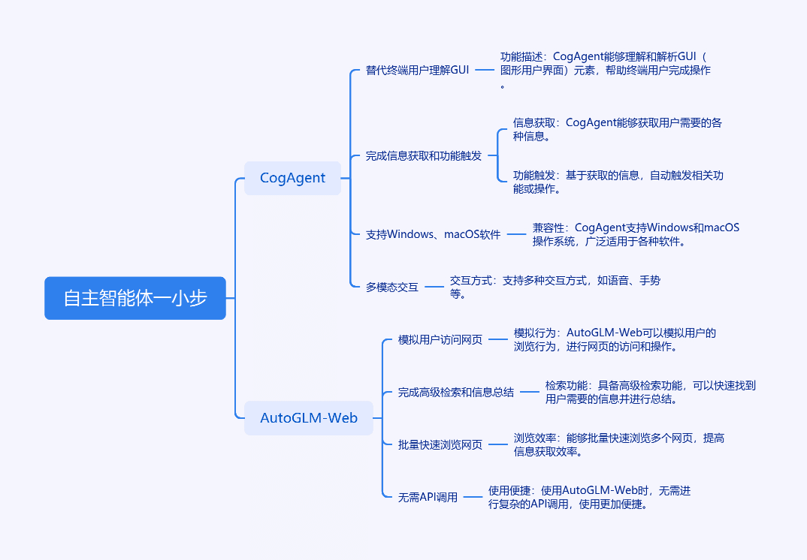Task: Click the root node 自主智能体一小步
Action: pos(134,298)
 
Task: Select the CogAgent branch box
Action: pos(292,178)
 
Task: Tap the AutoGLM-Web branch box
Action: pos(308,418)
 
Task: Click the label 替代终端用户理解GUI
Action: pos(417,70)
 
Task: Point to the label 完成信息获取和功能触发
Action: pos(424,156)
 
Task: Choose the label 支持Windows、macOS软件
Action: pos(433,234)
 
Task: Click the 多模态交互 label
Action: pos(391,287)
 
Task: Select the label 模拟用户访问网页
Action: pos(440,339)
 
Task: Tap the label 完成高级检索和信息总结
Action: pos(455,393)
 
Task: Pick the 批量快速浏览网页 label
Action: pos(440,445)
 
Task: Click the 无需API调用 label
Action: pos(428,497)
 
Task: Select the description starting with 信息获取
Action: pos(617,130)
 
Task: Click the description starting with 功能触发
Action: pos(618,182)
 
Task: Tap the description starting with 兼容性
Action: pos(636,234)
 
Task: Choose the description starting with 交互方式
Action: pos(555,287)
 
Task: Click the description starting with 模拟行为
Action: pos(615,339)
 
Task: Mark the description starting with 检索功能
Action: pos(650,393)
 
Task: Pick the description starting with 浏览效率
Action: pos(618,445)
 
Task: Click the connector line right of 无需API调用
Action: pos(473,497)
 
